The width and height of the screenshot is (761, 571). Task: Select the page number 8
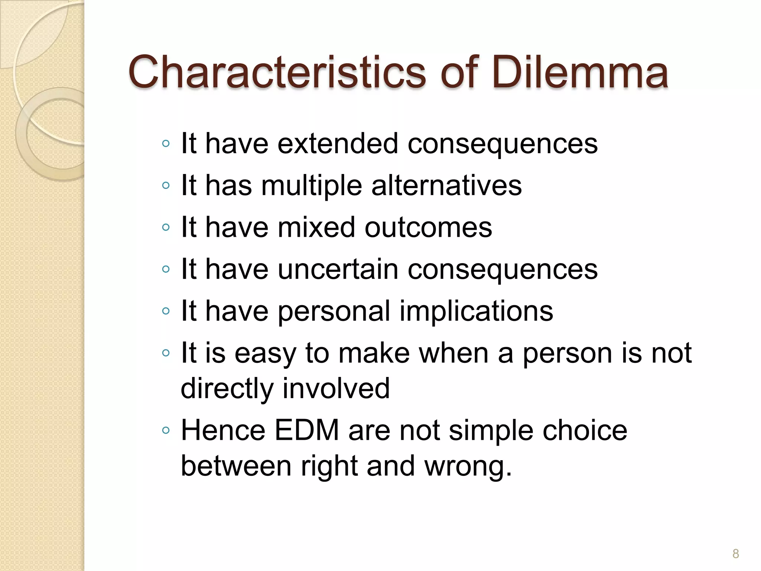[x=735, y=554]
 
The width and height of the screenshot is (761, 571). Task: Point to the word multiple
[x=311, y=186]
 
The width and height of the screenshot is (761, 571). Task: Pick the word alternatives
[x=447, y=186]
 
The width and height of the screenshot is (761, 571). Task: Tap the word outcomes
[x=428, y=227]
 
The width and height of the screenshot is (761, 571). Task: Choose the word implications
[x=476, y=311]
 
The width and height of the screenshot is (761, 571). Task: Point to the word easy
[x=265, y=353]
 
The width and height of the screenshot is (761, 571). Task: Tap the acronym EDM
[x=307, y=430]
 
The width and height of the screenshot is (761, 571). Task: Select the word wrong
[x=467, y=466]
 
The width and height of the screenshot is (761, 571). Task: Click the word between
[x=236, y=466]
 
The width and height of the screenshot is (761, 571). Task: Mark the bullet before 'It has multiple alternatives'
[x=166, y=185]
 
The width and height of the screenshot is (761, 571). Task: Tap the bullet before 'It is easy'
[x=166, y=353]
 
